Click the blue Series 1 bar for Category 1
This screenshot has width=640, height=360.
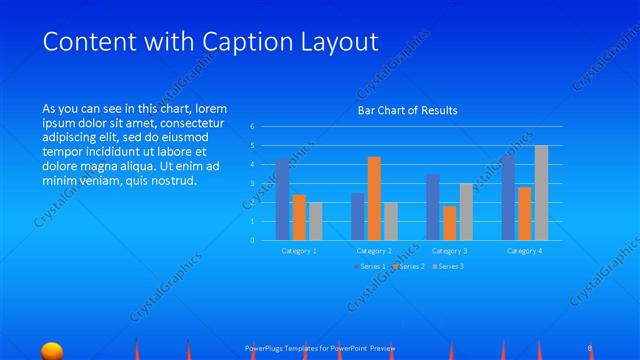[283, 200]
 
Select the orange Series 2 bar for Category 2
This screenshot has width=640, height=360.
[374, 198]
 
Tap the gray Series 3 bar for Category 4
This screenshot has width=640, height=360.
[541, 193]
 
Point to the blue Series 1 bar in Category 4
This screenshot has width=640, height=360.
[508, 197]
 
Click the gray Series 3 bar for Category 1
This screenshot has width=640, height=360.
[316, 221]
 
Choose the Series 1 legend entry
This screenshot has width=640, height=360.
[369, 267]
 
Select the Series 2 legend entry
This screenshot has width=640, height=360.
[409, 267]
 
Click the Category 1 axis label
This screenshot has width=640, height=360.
[299, 250]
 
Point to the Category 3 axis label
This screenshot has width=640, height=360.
[449, 250]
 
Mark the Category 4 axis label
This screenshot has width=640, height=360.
[524, 250]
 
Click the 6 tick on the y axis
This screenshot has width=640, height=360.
[252, 127]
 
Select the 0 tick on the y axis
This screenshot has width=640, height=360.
[252, 240]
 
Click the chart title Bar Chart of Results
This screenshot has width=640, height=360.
[407, 111]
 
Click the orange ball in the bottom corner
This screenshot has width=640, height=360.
[52, 350]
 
